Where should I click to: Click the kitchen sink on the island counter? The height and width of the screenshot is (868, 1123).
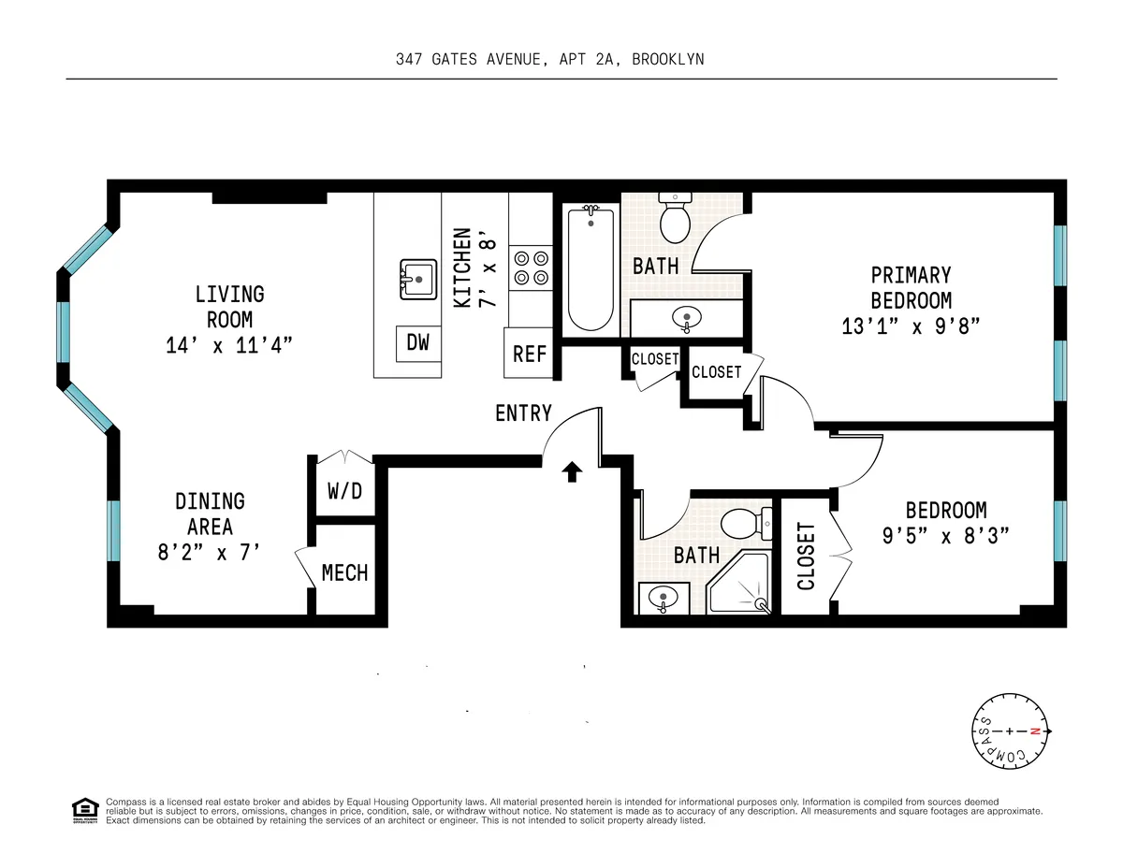click(417, 278)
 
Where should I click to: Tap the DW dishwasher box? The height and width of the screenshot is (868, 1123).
click(417, 343)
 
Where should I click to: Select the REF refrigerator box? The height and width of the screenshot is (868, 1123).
click(530, 354)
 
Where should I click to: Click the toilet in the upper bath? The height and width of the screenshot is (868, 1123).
click(674, 217)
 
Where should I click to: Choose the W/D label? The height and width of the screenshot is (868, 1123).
click(344, 490)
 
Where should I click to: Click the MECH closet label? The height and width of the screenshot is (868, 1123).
click(344, 572)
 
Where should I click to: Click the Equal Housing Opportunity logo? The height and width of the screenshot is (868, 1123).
click(84, 809)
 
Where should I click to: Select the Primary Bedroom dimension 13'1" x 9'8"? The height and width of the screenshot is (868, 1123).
click(911, 326)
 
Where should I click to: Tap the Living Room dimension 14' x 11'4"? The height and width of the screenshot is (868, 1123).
click(230, 345)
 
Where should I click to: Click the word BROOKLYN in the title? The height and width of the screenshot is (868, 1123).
click(667, 59)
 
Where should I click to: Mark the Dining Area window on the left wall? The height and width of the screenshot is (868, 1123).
click(113, 530)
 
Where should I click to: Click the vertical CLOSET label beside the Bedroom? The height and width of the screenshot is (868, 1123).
click(806, 557)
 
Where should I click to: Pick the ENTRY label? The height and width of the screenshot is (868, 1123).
click(523, 412)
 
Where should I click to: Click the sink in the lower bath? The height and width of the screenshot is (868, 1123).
click(663, 597)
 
